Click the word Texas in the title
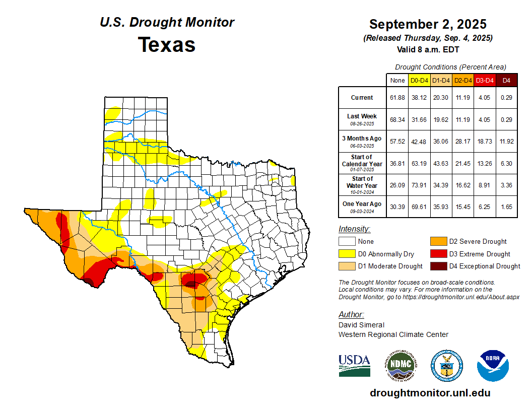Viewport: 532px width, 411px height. [x=167, y=45]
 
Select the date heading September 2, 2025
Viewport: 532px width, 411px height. [x=428, y=24]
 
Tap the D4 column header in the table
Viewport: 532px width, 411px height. [x=507, y=80]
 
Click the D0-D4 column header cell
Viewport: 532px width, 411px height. [x=419, y=80]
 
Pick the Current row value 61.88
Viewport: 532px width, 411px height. [x=397, y=98]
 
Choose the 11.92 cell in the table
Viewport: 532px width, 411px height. [x=507, y=142]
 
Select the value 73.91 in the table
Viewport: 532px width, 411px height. [x=419, y=185]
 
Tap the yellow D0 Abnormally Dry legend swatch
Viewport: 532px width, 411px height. [x=347, y=254]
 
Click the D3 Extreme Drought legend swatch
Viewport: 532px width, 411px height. [x=438, y=254]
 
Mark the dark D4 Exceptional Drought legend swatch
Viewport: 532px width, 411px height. [x=438, y=266]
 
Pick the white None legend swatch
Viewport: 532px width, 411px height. [x=347, y=242]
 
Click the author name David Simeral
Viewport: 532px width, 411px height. [x=361, y=325]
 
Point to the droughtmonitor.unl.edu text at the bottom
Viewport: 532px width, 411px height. [x=430, y=393]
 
